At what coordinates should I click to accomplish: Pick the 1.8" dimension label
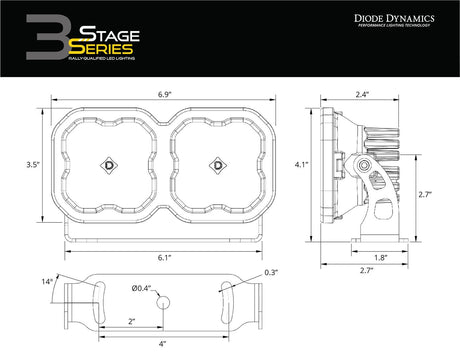(x=383, y=257)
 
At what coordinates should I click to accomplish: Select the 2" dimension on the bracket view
(x=132, y=322)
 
